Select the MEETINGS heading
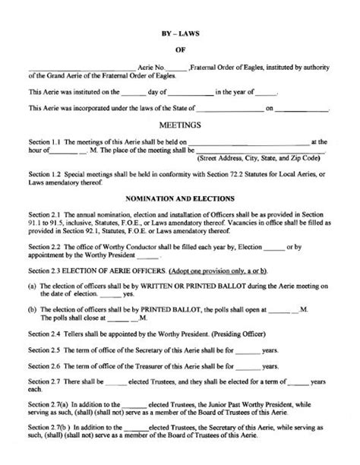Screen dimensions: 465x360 tap(180, 123)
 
